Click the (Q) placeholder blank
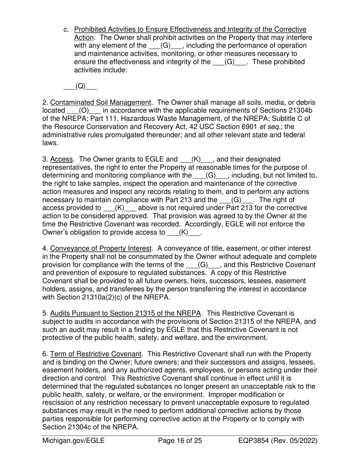tap(80, 86)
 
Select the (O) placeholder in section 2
tap(84, 111)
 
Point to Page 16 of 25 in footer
tap(180, 441)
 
